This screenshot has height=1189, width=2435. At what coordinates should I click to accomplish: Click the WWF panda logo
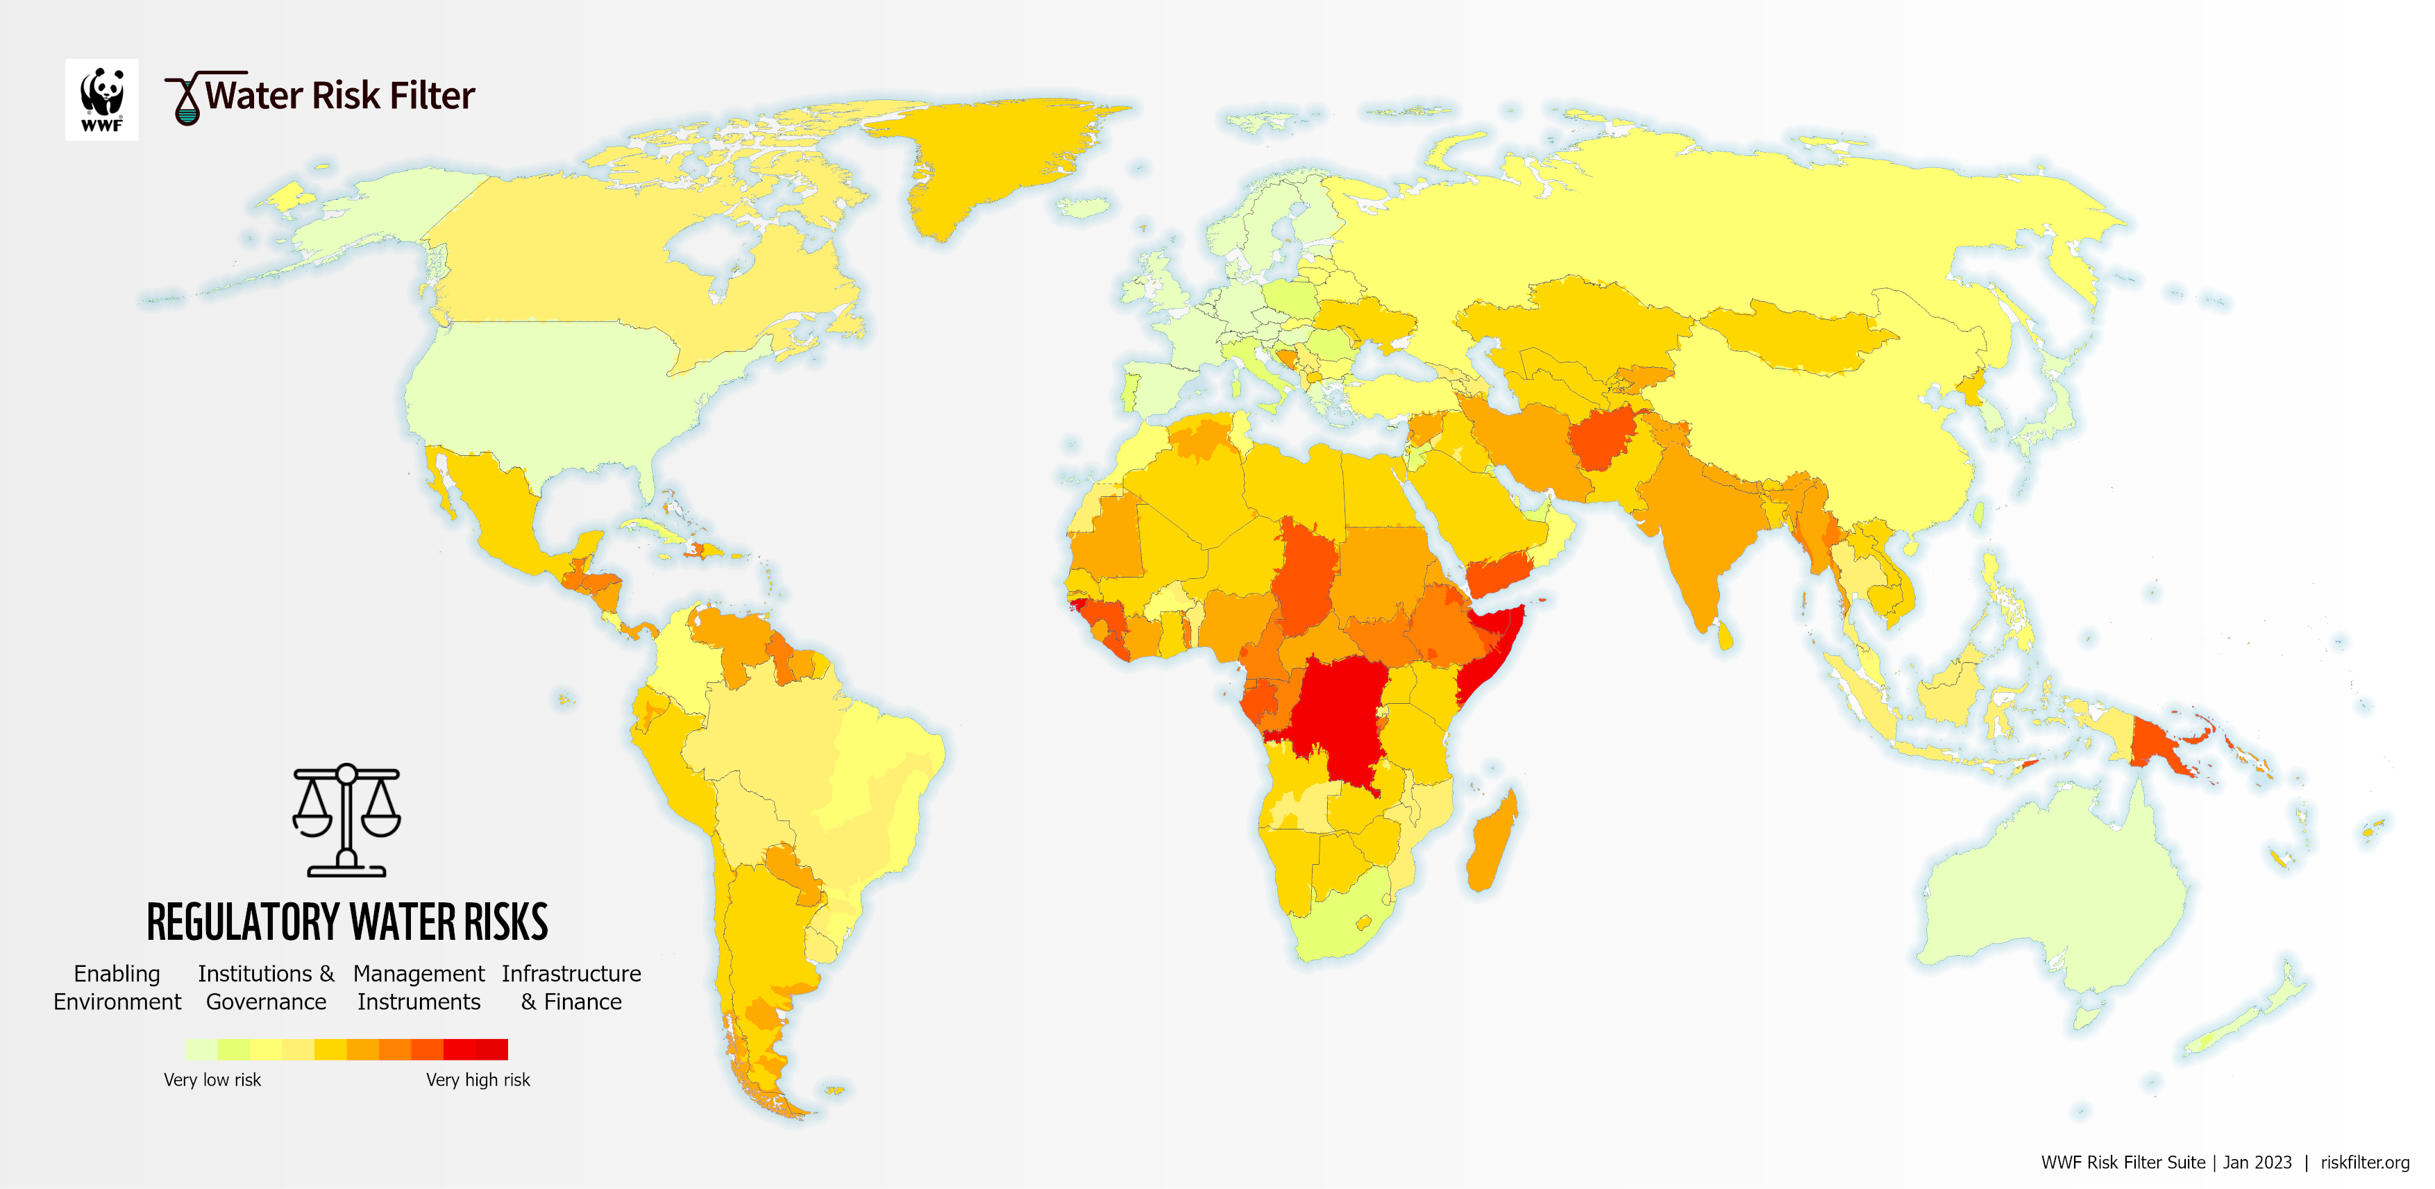coord(102,99)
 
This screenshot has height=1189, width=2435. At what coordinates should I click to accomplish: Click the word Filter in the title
coord(432,96)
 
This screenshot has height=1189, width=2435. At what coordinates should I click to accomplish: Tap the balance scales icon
coord(347,820)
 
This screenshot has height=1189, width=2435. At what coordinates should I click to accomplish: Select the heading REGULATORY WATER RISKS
coord(347,922)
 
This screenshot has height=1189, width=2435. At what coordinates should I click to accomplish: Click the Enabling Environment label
coord(117,988)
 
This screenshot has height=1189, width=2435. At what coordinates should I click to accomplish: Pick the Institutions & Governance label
coord(267,988)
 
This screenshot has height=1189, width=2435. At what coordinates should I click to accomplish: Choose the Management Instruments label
coord(419,988)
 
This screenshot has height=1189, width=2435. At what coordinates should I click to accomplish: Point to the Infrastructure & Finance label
coord(571,988)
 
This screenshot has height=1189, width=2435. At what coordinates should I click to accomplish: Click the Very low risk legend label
coord(212,1079)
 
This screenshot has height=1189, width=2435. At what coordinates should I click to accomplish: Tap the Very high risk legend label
coord(478,1079)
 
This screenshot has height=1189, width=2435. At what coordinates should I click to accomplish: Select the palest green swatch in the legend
coord(201,1049)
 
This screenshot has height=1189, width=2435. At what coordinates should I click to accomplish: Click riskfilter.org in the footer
coord(2364,1163)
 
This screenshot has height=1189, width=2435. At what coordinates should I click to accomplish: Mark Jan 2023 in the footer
coord(2257,1163)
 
